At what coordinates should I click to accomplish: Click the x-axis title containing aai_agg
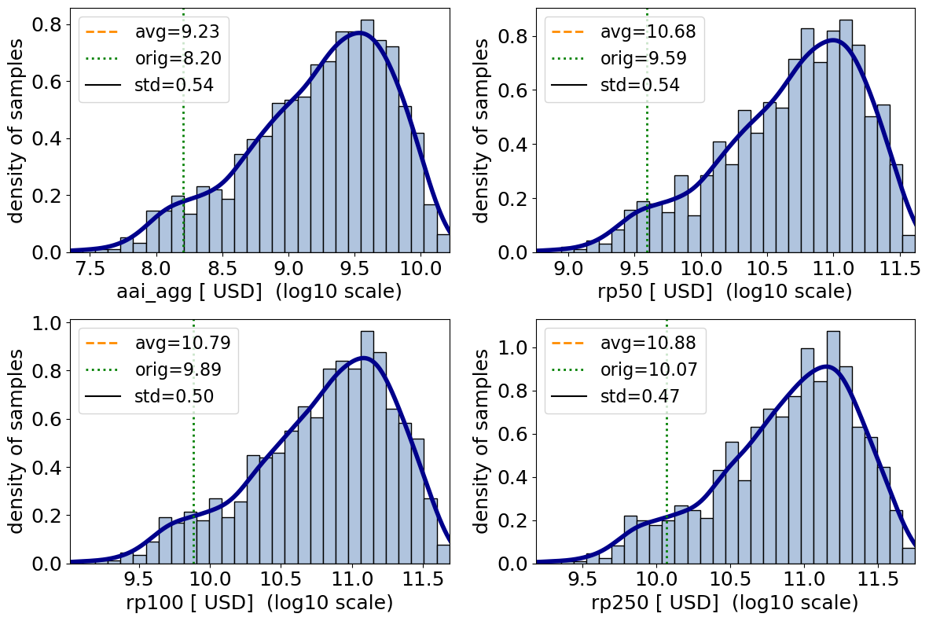(259, 292)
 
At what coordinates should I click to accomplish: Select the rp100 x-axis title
(259, 604)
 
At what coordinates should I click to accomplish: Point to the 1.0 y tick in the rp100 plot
(50, 325)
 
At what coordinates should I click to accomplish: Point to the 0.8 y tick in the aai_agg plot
(50, 24)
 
